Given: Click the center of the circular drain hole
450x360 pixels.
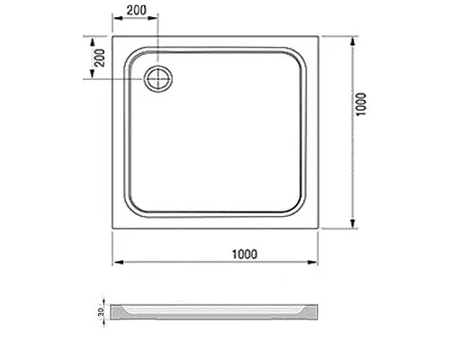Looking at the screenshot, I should point(160,78).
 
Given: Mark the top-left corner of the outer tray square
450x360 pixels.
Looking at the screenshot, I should point(112,38).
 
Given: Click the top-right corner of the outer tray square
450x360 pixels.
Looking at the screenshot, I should point(320,38).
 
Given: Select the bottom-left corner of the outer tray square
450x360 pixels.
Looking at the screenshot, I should point(112,231).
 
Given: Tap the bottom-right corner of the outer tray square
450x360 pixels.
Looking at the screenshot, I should point(320,231).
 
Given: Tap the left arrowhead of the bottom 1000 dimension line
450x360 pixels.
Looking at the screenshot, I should point(115,263).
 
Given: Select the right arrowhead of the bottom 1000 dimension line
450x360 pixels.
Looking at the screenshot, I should point(318,263).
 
